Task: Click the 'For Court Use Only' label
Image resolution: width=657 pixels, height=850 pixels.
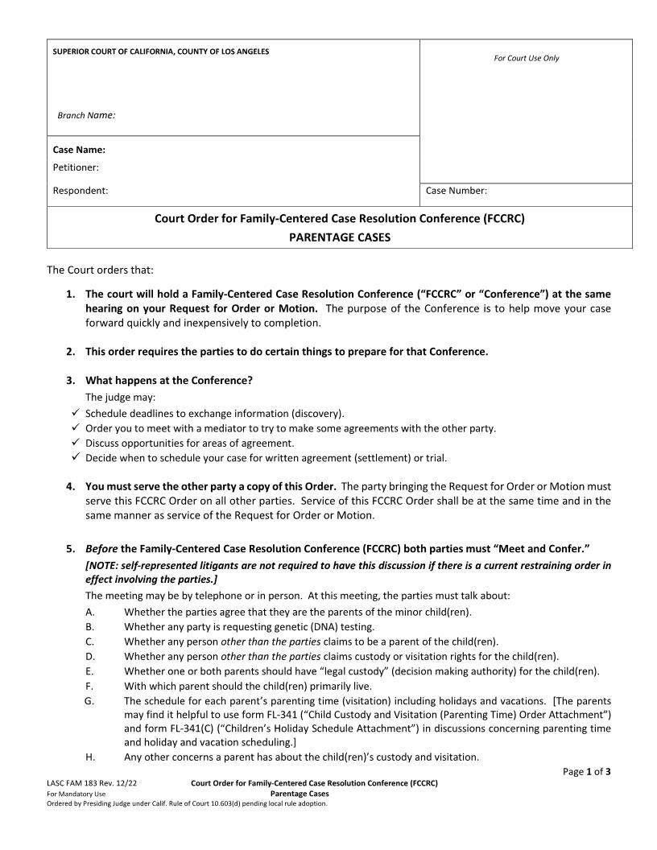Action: [526, 58]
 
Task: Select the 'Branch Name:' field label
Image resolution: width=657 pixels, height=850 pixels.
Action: [86, 115]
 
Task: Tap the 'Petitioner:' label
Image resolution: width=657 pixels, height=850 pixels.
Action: [76, 167]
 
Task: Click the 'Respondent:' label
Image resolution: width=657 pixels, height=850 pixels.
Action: [80, 191]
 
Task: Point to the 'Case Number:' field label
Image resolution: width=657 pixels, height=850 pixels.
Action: [456, 191]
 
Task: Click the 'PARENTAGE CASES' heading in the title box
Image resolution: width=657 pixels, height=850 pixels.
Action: [340, 237]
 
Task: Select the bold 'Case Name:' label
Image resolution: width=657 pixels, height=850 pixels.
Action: [79, 150]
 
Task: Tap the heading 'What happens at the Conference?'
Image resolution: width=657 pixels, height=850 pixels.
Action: [169, 380]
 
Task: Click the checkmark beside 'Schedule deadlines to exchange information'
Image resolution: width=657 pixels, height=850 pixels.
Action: [74, 413]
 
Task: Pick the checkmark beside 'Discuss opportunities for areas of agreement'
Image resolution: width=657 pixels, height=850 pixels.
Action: [74, 443]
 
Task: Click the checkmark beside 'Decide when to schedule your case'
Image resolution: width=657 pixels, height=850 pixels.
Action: [74, 458]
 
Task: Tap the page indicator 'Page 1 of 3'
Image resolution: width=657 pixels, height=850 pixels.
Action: [586, 772]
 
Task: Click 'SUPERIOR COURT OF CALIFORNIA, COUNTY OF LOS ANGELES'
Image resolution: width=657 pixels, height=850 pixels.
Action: [161, 52]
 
